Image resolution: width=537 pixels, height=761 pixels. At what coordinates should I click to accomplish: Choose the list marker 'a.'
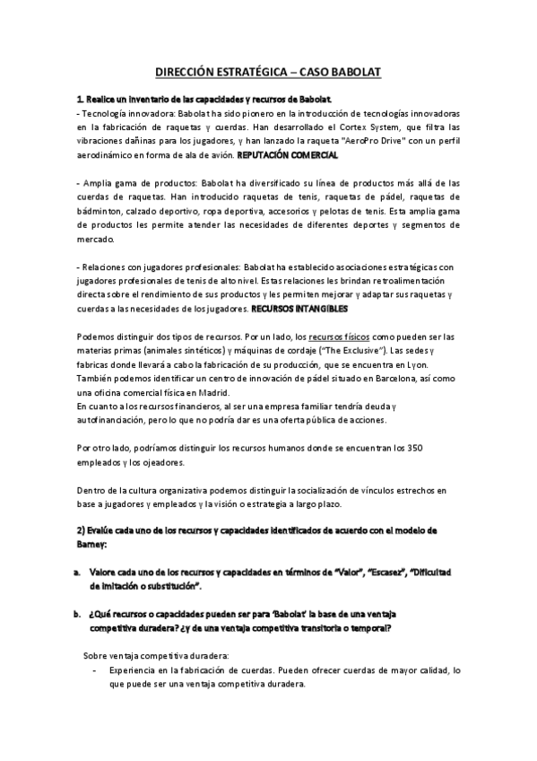coord(79,573)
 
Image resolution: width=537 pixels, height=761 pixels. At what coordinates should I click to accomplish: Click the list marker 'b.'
coord(79,615)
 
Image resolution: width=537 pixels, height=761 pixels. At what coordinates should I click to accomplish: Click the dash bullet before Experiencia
coord(96,669)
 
